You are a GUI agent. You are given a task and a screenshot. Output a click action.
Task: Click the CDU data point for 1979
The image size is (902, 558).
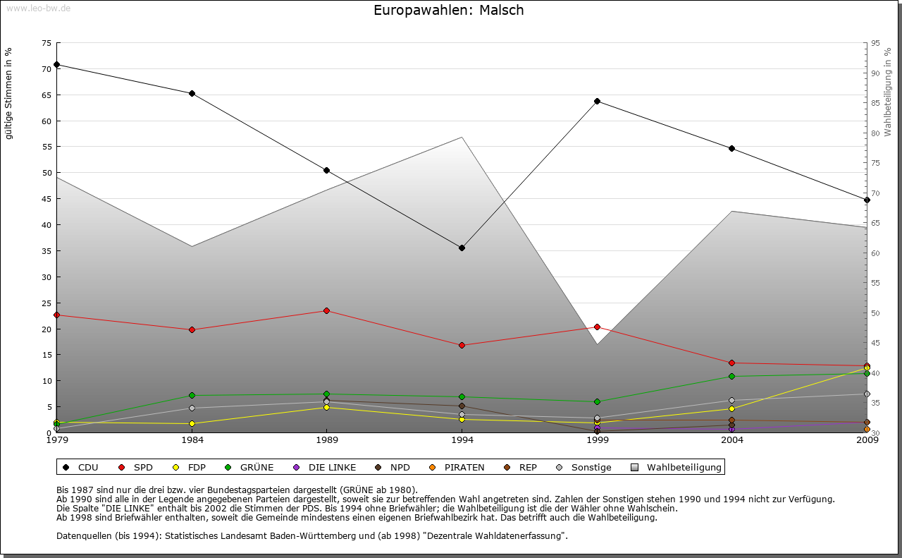(x=56, y=64)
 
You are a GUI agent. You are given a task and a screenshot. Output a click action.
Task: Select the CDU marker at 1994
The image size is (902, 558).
(x=462, y=248)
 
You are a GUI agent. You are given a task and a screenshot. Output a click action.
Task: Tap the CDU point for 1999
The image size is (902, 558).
(x=597, y=101)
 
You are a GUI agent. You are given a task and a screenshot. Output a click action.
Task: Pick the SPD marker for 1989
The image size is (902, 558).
(x=326, y=310)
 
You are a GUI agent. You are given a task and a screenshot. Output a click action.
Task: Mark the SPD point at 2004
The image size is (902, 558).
(x=731, y=363)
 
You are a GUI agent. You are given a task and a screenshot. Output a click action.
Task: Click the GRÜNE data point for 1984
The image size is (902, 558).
(x=192, y=395)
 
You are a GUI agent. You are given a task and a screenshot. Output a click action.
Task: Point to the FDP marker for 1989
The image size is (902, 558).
(x=326, y=407)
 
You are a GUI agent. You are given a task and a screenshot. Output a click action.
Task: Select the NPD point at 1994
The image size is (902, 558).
(x=462, y=406)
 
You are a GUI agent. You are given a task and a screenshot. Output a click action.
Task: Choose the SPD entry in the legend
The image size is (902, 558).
(x=137, y=467)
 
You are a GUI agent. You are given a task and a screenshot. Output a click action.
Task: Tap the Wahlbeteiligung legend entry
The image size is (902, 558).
(x=677, y=467)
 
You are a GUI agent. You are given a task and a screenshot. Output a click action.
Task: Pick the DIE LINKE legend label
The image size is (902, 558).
(x=325, y=467)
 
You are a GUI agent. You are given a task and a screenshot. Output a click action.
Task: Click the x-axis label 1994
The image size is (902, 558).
(x=462, y=440)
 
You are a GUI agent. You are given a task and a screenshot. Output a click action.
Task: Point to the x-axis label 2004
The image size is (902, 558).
(x=731, y=440)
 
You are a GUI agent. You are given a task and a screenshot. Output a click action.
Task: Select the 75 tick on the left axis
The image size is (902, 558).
(x=46, y=43)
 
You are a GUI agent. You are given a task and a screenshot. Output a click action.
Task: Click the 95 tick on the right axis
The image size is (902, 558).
(x=876, y=43)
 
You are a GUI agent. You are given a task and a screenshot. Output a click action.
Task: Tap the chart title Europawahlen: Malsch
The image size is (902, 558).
(x=449, y=11)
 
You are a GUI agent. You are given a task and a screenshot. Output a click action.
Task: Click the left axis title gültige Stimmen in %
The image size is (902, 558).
(x=8, y=93)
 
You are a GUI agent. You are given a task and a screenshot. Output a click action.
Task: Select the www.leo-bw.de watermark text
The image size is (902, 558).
(x=39, y=8)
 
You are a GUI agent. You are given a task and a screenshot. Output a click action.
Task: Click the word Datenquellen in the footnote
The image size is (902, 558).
(x=85, y=535)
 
